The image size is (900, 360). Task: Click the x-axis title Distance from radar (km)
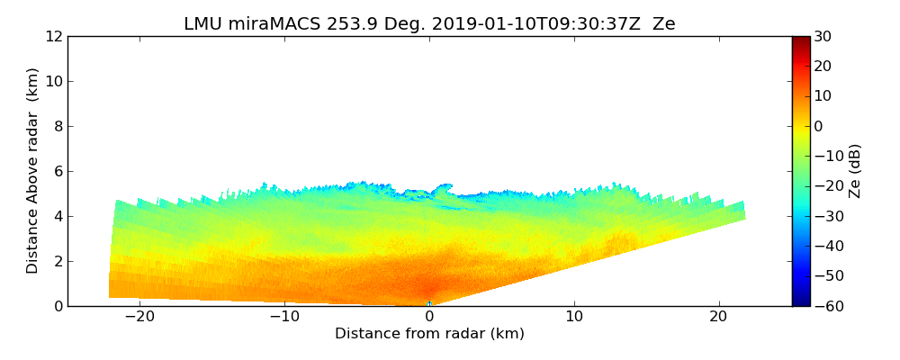click(x=429, y=334)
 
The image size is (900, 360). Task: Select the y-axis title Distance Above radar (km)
click(x=33, y=170)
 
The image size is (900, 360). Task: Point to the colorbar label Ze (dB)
click(x=854, y=170)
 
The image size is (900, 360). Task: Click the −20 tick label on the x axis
click(x=139, y=318)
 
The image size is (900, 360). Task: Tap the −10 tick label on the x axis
click(x=284, y=318)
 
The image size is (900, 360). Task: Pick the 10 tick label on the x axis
click(x=574, y=318)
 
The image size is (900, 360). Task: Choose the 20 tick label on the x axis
click(x=719, y=318)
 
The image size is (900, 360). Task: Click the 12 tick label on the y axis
click(x=53, y=37)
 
